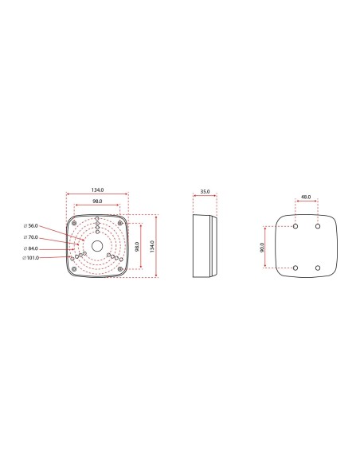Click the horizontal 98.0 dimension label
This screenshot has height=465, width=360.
click(97, 201)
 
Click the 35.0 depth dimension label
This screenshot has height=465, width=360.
click(205, 192)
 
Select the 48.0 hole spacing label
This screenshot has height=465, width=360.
click(307, 196)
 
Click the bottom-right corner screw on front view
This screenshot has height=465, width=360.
click(119, 268)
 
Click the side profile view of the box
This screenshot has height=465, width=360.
click(205, 245)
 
